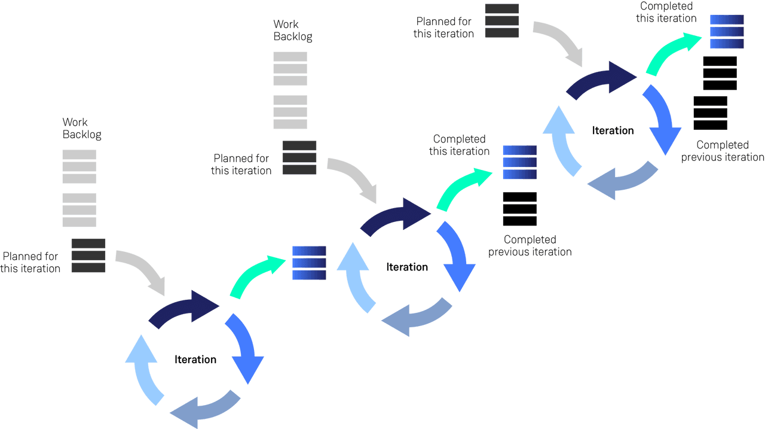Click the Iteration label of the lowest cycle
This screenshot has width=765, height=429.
point(195,360)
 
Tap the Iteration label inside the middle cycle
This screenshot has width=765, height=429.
point(407,267)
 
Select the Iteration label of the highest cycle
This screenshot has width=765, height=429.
point(612,130)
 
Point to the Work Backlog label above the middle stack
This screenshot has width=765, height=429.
point(292,30)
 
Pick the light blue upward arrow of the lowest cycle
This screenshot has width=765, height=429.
point(142,368)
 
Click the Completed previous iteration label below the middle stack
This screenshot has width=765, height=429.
point(530,245)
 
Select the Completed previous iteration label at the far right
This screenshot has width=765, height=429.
point(723,151)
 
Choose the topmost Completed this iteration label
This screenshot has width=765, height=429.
point(667,12)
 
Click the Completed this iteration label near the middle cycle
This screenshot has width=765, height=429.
point(460,145)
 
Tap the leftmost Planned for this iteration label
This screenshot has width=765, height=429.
point(30,262)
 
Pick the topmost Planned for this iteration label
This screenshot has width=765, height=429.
point(443,28)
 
